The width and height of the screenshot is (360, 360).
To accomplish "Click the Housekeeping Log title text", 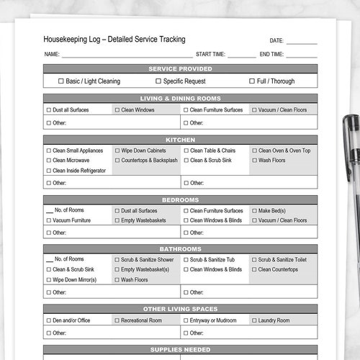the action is (x=114, y=40).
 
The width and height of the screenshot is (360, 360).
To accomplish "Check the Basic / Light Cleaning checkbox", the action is (x=61, y=81).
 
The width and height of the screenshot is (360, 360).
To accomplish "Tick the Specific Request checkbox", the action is (x=158, y=81).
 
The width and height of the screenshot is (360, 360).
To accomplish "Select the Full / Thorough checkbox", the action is (x=252, y=81).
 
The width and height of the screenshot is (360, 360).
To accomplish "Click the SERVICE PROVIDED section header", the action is (x=180, y=68).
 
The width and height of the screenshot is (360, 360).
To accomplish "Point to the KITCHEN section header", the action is (x=180, y=139).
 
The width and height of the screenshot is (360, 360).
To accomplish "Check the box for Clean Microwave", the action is (x=48, y=161).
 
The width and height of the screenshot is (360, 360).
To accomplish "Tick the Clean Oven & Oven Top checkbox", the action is (x=254, y=150).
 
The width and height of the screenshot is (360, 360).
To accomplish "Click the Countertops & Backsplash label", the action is (x=149, y=161).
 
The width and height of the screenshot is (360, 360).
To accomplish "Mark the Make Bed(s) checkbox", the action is (x=254, y=211).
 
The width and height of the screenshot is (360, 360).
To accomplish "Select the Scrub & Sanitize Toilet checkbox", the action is (x=254, y=259).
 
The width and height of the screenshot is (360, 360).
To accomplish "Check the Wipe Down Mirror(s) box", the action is (x=48, y=279).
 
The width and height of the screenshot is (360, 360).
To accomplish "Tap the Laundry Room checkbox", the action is (x=254, y=320).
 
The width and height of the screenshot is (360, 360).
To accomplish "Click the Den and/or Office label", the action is (x=71, y=320).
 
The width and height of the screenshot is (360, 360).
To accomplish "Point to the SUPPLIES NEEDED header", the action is (x=180, y=349).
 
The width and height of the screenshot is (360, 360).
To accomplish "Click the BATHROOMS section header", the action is (x=180, y=249).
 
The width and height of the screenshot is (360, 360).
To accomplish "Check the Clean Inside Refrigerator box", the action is (x=48, y=171).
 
